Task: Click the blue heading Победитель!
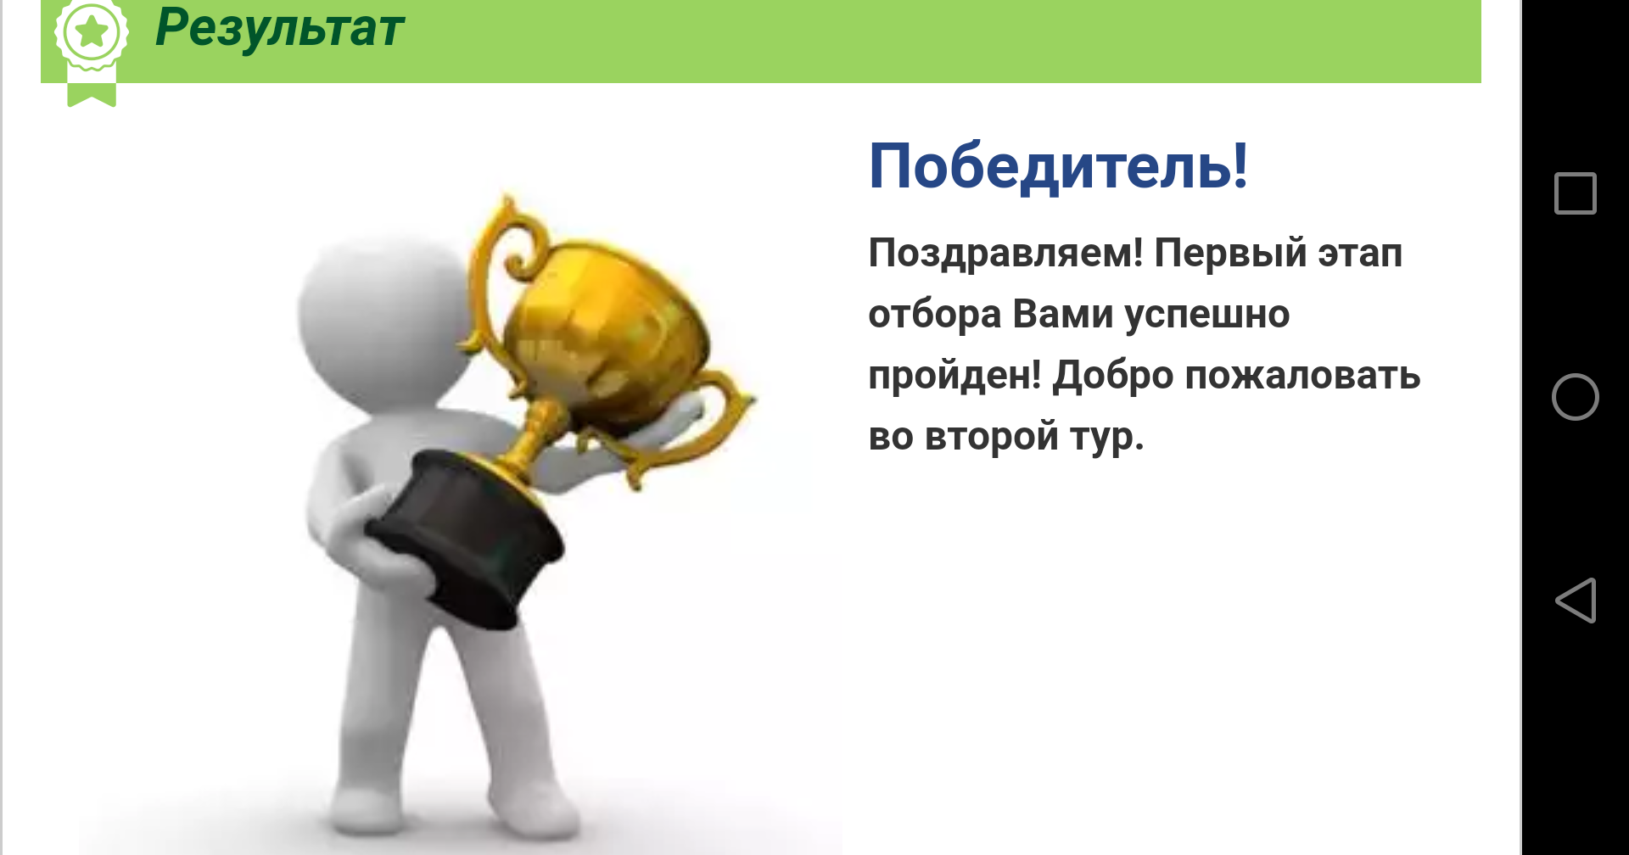click(x=1058, y=166)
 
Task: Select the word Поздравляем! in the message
click(x=1005, y=254)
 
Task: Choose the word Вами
click(x=1063, y=314)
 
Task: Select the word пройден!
click(x=954, y=376)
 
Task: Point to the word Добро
click(x=1113, y=376)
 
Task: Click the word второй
click(x=992, y=437)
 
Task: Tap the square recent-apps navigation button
click(x=1576, y=193)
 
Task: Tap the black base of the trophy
click(x=465, y=536)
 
